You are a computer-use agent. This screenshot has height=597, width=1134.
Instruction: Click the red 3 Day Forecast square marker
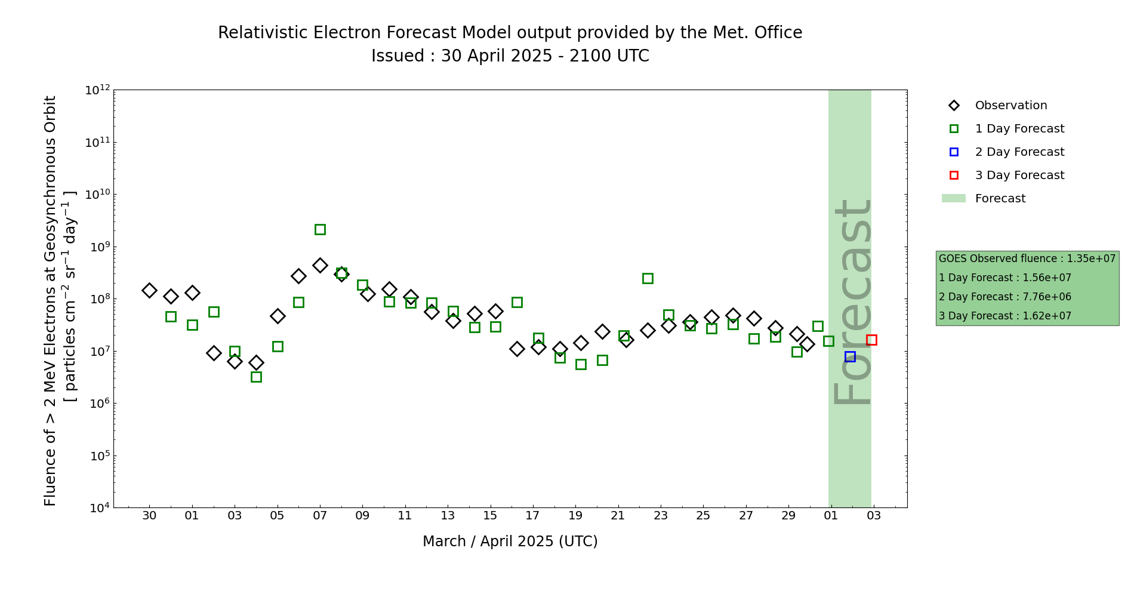(871, 340)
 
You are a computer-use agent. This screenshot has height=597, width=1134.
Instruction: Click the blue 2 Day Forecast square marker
(850, 356)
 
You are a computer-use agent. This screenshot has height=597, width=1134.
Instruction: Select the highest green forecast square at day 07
(320, 229)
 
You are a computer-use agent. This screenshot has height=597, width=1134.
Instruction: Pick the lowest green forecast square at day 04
(256, 377)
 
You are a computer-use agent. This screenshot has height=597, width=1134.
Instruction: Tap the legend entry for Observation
(1010, 106)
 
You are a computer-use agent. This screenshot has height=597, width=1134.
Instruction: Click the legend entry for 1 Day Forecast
(1019, 129)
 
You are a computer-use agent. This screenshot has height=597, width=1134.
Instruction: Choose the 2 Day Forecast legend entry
(1019, 152)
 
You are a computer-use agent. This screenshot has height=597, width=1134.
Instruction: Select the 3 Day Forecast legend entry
(1019, 176)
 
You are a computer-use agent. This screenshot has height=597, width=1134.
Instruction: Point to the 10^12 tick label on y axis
(97, 90)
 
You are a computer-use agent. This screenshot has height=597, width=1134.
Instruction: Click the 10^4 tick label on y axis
(97, 508)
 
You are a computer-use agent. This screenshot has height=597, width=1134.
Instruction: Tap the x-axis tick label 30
(149, 515)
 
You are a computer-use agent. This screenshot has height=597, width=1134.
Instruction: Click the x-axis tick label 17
(532, 515)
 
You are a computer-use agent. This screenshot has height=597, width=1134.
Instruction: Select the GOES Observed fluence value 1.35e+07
(1091, 259)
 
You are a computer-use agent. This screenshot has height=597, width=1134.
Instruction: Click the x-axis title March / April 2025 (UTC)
(510, 541)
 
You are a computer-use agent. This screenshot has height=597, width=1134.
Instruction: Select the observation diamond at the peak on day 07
(320, 265)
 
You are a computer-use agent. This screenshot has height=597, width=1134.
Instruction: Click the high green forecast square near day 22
(648, 278)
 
